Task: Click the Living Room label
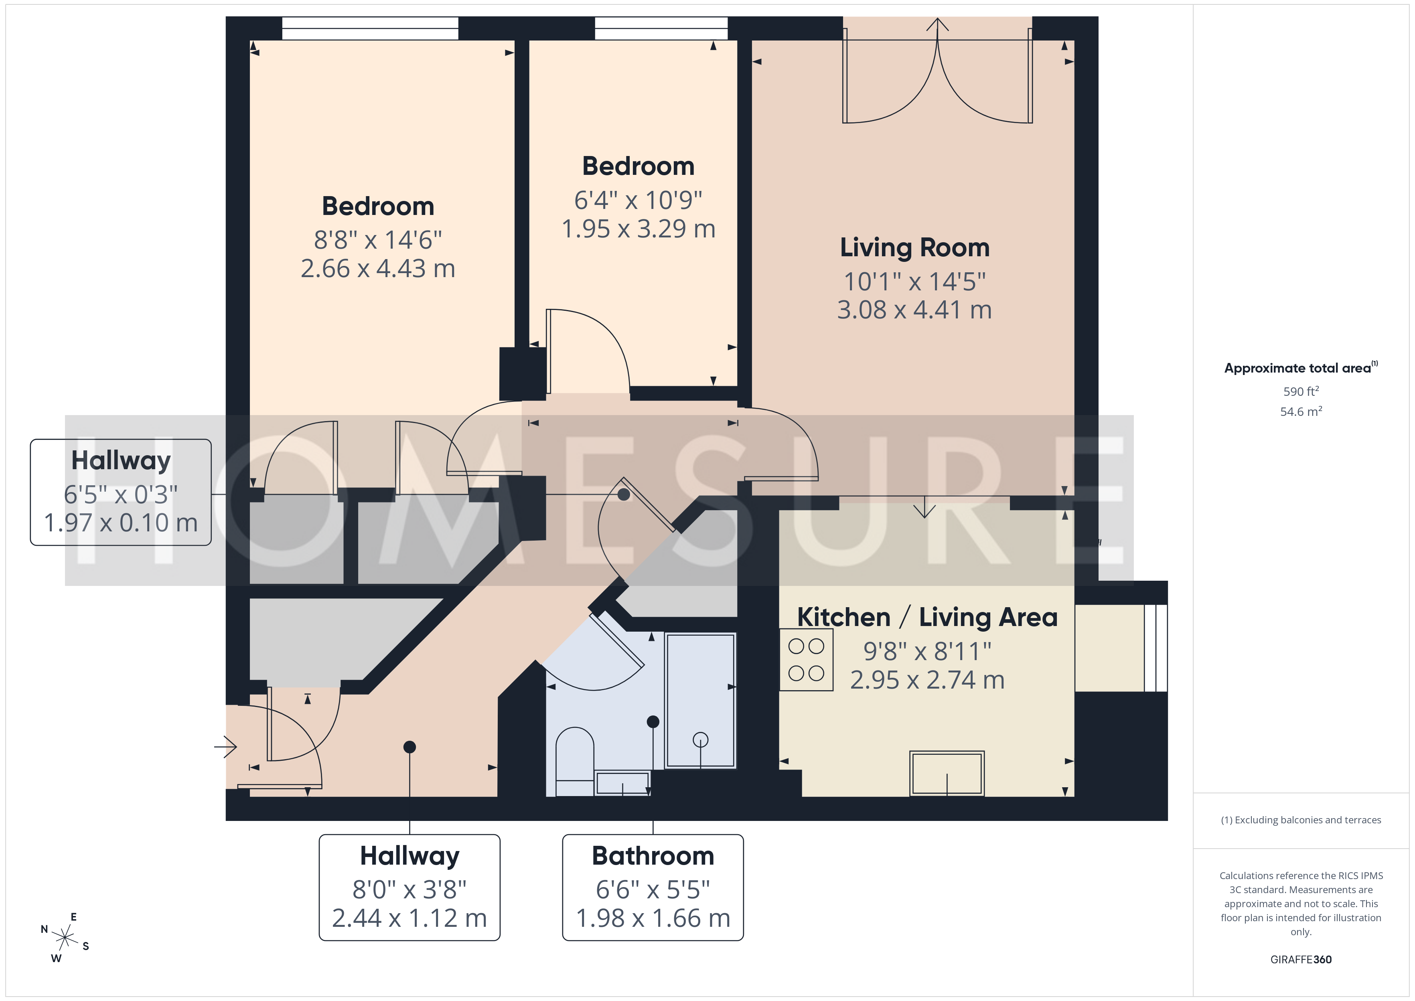(x=914, y=248)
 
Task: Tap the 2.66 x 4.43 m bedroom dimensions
(x=378, y=269)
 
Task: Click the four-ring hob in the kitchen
(x=806, y=660)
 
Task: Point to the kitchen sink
(x=947, y=774)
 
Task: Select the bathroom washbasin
(x=622, y=783)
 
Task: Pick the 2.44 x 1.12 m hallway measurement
(x=409, y=918)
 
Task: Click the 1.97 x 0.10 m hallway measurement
(x=121, y=523)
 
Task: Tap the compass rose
(x=65, y=938)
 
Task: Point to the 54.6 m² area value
(x=1301, y=411)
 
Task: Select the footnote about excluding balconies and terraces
(x=1301, y=820)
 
